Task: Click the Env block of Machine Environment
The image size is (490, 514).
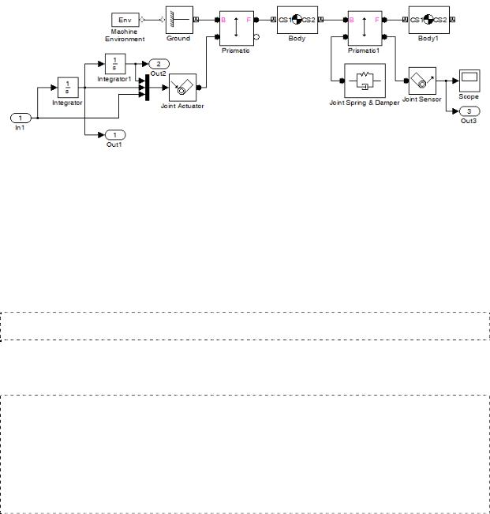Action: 125,20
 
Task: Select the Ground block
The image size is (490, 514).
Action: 179,20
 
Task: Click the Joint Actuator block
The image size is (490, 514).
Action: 182,88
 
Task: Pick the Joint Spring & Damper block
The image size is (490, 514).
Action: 365,81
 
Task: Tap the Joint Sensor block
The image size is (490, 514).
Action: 422,81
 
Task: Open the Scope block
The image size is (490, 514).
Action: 469,81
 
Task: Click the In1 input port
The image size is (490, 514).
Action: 21,118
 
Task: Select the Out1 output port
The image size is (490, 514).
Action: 115,135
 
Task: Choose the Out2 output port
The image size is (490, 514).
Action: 159,64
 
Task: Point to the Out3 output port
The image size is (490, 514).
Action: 469,111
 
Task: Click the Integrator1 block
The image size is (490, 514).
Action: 115,64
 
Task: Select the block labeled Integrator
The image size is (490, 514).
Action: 68,88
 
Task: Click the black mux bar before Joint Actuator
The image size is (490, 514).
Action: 147,88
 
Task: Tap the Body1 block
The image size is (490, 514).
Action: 428,20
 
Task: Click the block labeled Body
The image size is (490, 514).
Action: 297,20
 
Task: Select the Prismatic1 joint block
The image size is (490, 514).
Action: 365,28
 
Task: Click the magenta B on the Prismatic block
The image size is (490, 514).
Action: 223,20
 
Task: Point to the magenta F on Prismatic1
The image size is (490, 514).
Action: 376,20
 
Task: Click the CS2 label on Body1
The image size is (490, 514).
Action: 440,20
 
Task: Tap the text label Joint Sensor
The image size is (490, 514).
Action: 422,99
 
